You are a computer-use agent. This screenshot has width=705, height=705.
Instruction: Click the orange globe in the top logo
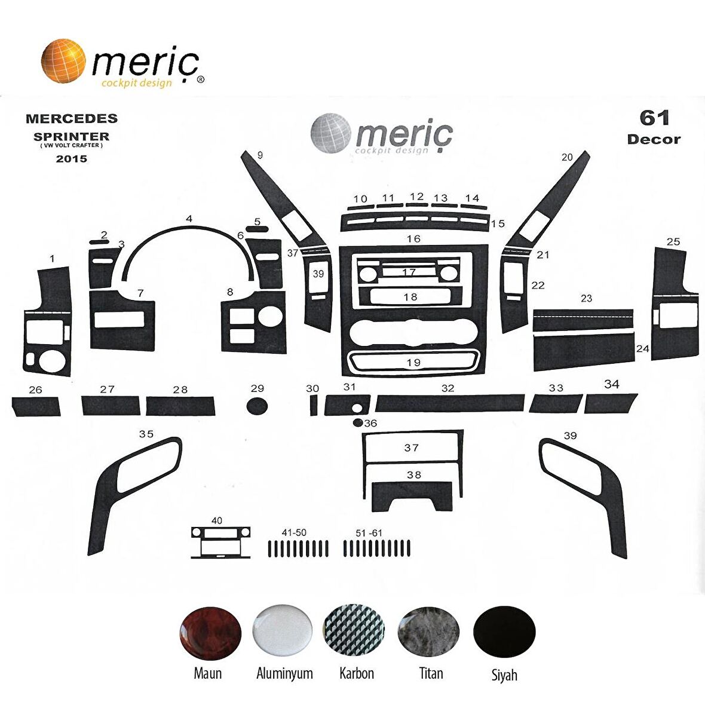point(63,61)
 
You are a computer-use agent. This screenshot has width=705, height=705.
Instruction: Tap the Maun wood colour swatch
point(210,633)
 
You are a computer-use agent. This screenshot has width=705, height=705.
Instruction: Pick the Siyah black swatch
point(504,632)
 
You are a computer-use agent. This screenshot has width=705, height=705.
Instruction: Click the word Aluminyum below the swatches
point(284,673)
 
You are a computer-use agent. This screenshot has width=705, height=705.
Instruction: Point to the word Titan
point(431,673)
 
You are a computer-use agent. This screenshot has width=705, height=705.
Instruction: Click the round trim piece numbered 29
point(257,406)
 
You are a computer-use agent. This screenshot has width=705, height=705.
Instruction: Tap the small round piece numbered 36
point(358,422)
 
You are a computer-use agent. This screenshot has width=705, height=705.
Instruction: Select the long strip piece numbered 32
point(450,403)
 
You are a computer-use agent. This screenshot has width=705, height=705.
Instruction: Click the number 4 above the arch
point(189,219)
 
